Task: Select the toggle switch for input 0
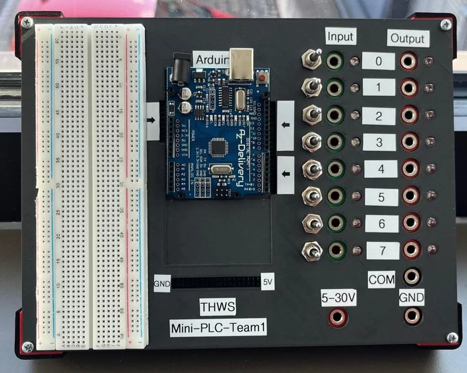[x=312, y=59]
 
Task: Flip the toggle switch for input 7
[x=311, y=251]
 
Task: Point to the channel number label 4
[x=381, y=169]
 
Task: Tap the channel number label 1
[x=379, y=87]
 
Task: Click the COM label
[x=381, y=279]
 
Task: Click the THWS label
[x=218, y=307]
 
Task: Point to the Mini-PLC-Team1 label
[x=218, y=328]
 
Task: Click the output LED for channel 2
[x=429, y=114]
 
